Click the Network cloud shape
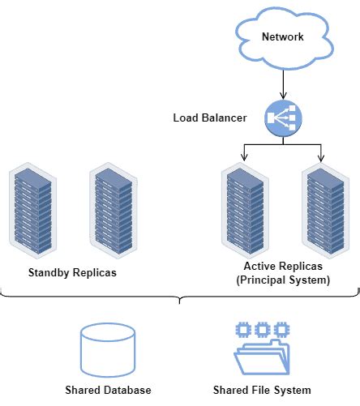coord(282,37)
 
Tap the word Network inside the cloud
coord(282,37)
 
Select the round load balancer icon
coord(282,118)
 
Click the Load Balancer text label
coord(211,118)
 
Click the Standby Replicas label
coord(72,272)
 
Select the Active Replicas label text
coord(283,267)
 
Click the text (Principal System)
coord(283,280)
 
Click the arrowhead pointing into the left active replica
coord(245,157)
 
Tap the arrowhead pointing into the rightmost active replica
coord(322,157)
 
